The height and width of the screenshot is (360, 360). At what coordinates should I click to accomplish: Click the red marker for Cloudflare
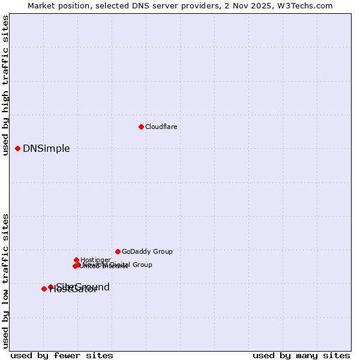click(141, 127)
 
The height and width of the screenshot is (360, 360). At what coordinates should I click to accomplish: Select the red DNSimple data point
click(17, 148)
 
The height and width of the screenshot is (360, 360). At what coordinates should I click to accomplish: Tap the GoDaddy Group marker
click(118, 251)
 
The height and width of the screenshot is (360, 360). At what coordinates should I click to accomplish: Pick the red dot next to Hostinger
click(76, 260)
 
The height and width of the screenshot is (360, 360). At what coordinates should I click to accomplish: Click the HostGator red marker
click(44, 289)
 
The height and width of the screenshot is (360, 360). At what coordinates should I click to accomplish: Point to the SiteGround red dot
click(50, 287)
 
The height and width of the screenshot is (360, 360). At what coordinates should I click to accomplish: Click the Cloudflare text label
click(161, 127)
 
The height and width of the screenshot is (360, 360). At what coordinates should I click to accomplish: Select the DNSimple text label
click(46, 149)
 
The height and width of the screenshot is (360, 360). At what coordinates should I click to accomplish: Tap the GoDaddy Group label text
click(147, 252)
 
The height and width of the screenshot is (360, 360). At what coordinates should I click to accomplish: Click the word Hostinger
click(95, 260)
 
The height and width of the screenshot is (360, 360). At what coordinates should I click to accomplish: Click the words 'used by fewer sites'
click(62, 355)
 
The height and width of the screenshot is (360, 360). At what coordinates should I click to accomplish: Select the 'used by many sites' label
click(301, 355)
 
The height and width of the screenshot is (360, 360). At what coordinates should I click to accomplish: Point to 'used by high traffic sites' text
click(6, 85)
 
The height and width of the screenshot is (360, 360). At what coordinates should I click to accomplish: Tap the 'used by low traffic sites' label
click(6, 281)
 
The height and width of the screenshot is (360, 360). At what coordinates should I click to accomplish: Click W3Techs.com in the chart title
click(308, 6)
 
